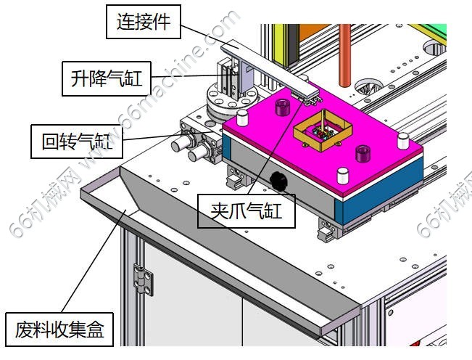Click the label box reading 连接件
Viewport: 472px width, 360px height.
143,22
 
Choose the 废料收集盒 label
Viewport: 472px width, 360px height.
59,331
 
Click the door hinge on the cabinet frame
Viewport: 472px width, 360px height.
144,280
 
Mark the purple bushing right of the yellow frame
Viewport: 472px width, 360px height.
360,152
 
